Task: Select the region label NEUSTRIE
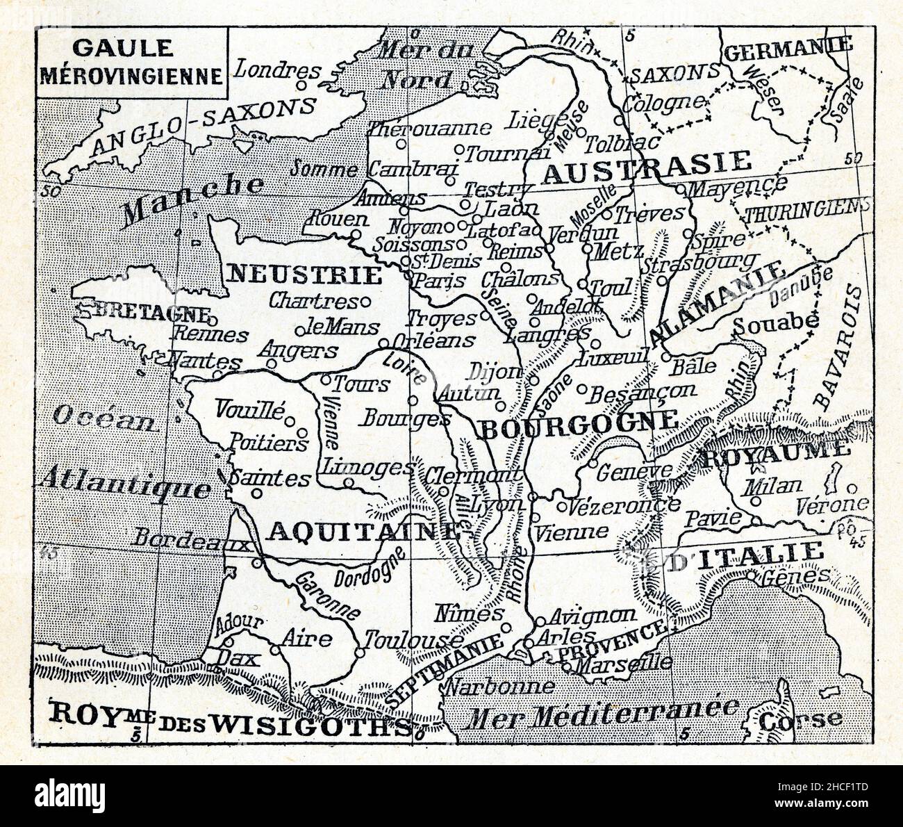pyautogui.click(x=305, y=275)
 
